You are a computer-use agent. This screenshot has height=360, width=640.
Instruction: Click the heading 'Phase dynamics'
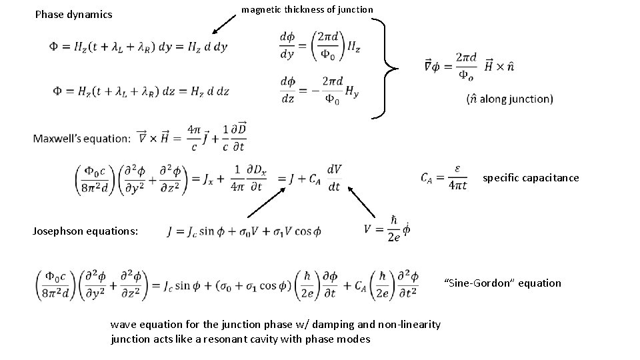(73, 14)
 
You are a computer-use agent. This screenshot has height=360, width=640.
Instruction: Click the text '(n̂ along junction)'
(510, 99)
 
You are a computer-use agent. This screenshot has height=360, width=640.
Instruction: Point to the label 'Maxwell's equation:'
(81, 139)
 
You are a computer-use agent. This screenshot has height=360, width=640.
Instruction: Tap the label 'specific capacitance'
(531, 178)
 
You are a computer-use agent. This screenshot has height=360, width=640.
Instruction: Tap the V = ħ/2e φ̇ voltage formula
(387, 230)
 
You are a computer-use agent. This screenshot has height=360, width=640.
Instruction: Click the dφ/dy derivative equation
(321, 45)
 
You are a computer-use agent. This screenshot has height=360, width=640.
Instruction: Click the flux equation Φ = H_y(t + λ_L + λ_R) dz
(139, 91)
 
